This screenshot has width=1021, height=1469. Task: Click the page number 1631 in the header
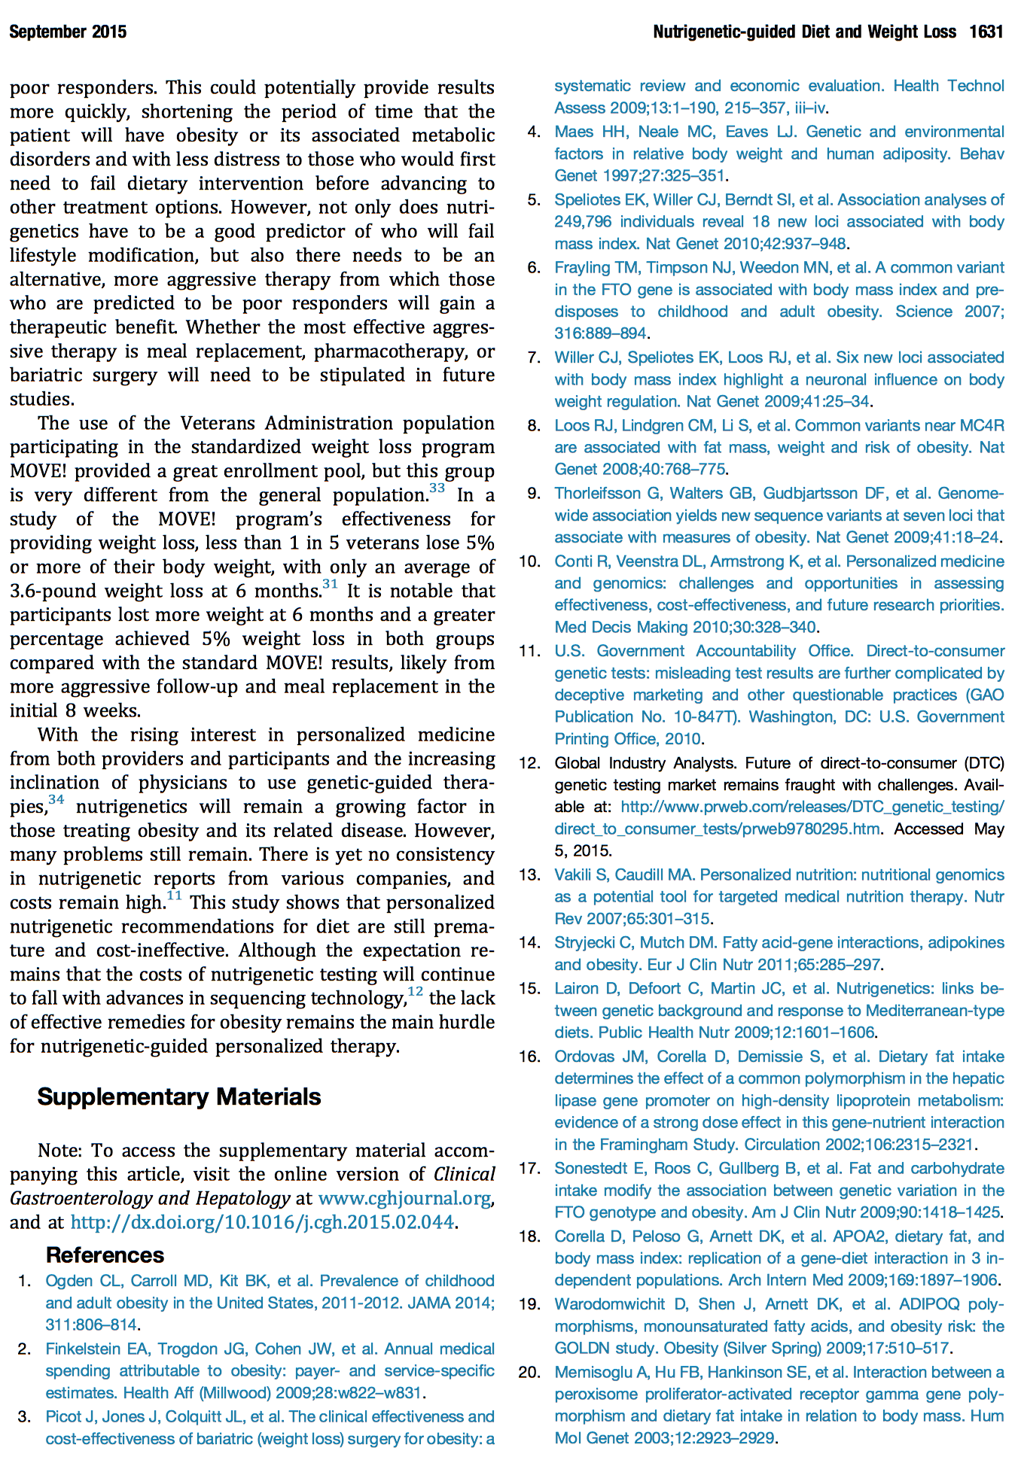986,32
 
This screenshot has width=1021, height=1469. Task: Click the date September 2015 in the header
68,32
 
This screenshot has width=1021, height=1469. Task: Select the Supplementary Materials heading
179,1096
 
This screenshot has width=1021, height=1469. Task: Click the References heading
105,1255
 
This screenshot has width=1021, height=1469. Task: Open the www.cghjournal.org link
404,1198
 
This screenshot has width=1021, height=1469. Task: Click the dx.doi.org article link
262,1222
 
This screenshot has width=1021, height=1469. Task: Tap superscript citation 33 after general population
437,489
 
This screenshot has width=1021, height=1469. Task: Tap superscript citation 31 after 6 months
330,585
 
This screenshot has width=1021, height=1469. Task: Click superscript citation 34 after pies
56,800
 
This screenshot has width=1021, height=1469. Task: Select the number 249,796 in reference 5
583,222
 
